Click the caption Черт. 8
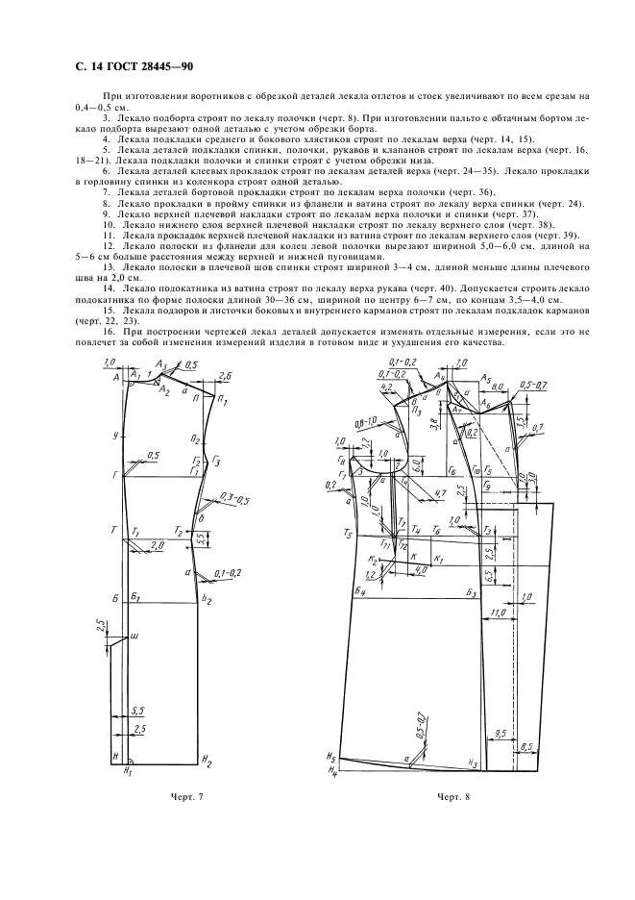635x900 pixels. (x=455, y=797)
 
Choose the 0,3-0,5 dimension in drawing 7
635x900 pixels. (x=233, y=499)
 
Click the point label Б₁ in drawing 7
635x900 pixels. (x=137, y=598)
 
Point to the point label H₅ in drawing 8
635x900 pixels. (x=330, y=756)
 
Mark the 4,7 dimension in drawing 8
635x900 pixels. (x=440, y=492)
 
